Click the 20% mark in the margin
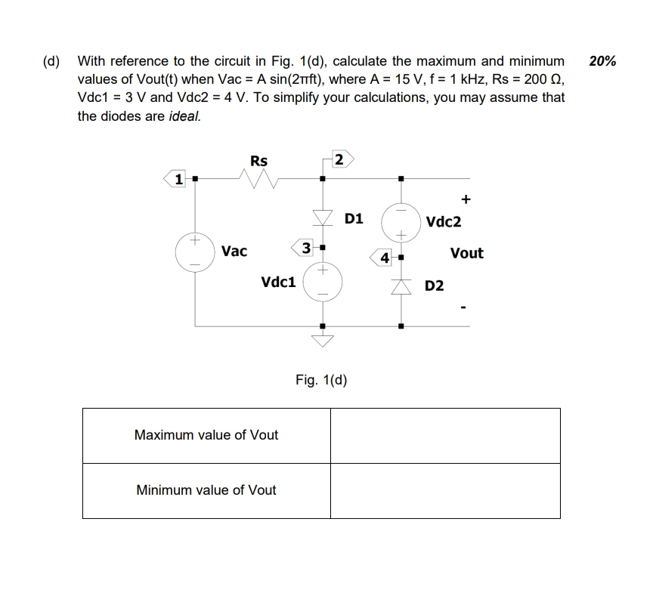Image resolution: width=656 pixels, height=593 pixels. [x=602, y=61]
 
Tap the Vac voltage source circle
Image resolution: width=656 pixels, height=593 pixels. [x=196, y=252]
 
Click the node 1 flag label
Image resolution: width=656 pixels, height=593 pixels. [x=177, y=179]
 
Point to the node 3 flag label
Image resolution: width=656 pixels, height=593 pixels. [x=304, y=248]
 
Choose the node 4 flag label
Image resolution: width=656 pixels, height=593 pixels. [x=384, y=258]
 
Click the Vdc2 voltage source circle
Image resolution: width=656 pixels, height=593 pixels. [x=401, y=222]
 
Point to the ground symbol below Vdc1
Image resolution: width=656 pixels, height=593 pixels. [x=323, y=340]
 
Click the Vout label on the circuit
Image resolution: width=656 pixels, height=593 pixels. [x=466, y=254]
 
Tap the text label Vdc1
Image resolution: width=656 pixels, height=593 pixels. [x=277, y=283]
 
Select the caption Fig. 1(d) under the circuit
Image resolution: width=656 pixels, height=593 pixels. [x=321, y=379]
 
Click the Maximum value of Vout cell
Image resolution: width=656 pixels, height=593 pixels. [x=206, y=435]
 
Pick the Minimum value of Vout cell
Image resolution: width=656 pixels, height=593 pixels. [x=206, y=490]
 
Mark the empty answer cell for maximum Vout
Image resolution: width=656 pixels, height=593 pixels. [x=445, y=435]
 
